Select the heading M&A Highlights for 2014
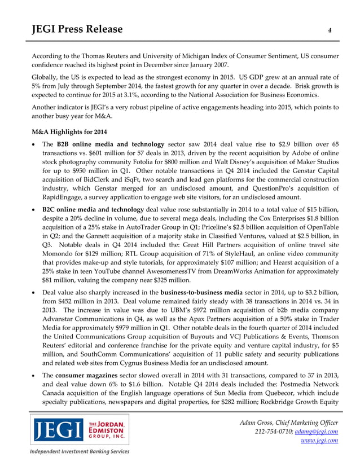(x=69, y=131)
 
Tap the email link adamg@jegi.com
(x=317, y=432)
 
